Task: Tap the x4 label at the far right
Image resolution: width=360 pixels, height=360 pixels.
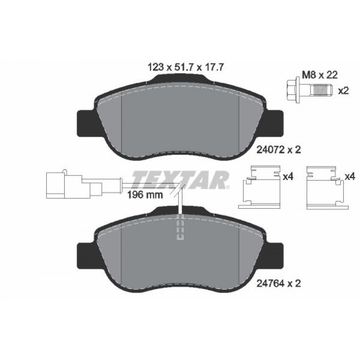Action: [x=350, y=177]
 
